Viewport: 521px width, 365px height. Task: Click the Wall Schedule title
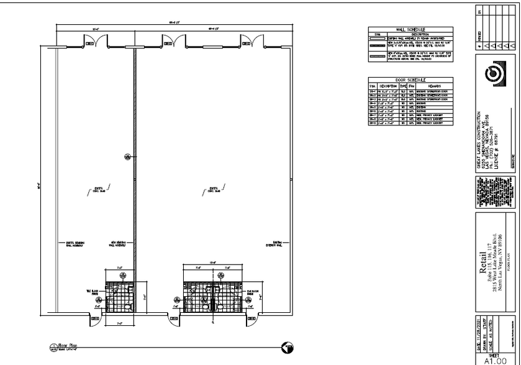click(411, 29)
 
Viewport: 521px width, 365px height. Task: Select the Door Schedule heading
click(411, 80)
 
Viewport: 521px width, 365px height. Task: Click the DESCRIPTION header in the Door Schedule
click(387, 86)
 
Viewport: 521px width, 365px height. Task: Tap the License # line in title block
click(497, 140)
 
